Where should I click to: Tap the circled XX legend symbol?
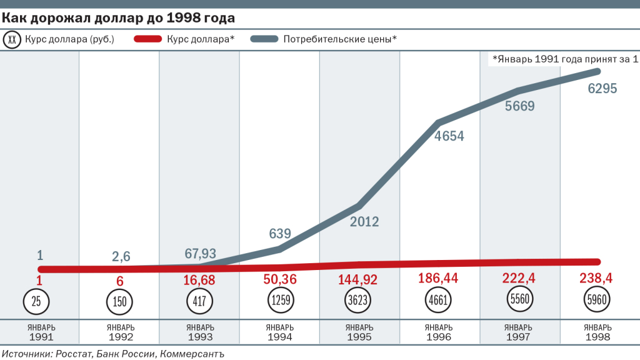pyautogui.click(x=13, y=39)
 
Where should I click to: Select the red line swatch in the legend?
pyautogui.click(x=148, y=39)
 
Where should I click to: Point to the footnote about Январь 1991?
pyautogui.click(x=565, y=59)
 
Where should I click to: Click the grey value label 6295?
pyautogui.click(x=602, y=89)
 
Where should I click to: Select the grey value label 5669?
pyautogui.click(x=520, y=106)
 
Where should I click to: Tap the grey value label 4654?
pyautogui.click(x=449, y=136)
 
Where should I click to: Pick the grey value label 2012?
pyautogui.click(x=364, y=222)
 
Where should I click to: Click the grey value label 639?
pyautogui.click(x=280, y=234)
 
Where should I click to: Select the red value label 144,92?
pyautogui.click(x=361, y=279)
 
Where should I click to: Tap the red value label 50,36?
pyautogui.click(x=280, y=279)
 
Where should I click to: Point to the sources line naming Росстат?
pyautogui.click(x=112, y=353)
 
